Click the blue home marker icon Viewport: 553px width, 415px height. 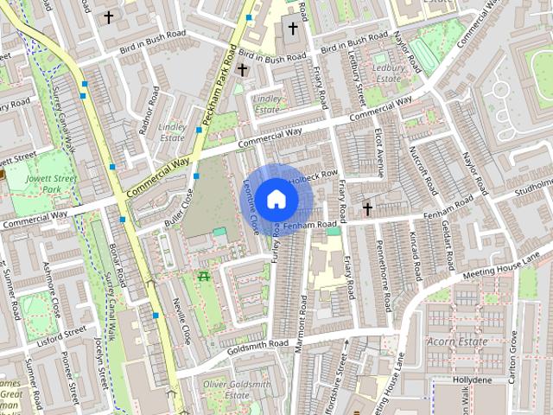[276, 198]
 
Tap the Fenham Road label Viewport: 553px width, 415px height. [309, 225]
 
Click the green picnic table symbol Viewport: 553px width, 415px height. [204, 276]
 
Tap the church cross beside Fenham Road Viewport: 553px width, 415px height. [367, 209]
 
